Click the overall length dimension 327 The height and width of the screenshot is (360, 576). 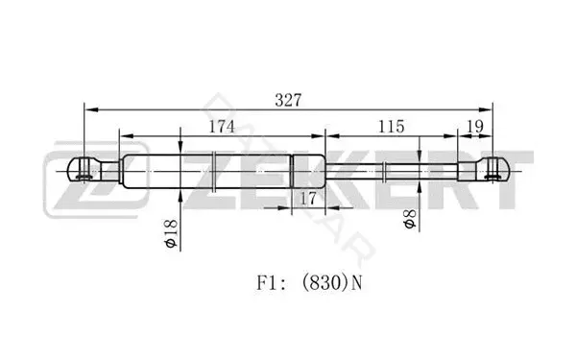(288, 100)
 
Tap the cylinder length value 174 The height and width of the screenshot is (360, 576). (222, 127)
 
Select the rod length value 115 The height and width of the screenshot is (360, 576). (392, 127)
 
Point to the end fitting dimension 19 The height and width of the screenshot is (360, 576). (475, 127)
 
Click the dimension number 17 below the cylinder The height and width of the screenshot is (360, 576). (308, 199)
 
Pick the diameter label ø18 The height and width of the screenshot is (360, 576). (171, 233)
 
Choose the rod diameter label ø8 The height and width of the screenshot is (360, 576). (410, 219)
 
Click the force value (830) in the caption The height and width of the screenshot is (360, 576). (324, 283)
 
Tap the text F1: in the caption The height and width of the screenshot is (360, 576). (271, 283)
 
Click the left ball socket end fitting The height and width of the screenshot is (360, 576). (93, 169)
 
